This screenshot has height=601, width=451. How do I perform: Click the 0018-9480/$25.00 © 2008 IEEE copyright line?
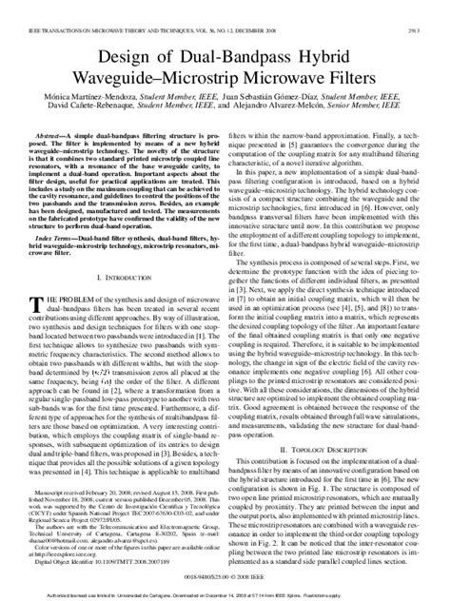pyautogui.click(x=225, y=575)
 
